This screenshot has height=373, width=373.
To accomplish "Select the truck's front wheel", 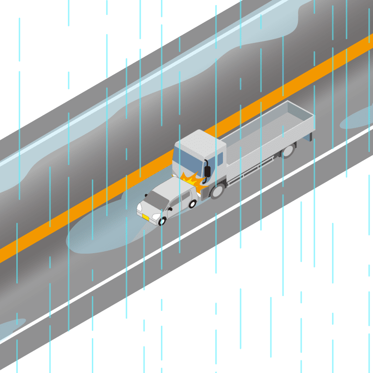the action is (217, 190).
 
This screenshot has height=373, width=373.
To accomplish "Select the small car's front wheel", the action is (162, 221).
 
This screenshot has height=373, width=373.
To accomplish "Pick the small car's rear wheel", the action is (193, 204).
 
